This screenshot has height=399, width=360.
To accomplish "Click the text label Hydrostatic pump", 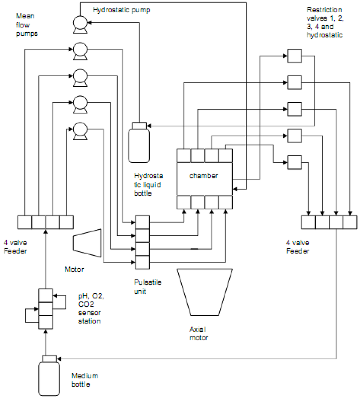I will [121, 10].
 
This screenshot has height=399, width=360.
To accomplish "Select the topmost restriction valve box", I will [295, 56].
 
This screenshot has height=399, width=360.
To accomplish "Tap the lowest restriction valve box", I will [295, 162].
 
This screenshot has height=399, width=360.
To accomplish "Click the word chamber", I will [204, 176].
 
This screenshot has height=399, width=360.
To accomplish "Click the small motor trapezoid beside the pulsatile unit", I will [87, 243].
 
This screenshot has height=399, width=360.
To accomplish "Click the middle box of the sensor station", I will [45, 309].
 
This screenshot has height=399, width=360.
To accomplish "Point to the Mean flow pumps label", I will [26, 25].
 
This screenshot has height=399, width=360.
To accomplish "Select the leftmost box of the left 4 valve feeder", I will [25, 222].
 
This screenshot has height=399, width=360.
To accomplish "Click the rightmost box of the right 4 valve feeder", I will [350, 222].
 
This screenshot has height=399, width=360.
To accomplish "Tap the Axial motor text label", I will [199, 334].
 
